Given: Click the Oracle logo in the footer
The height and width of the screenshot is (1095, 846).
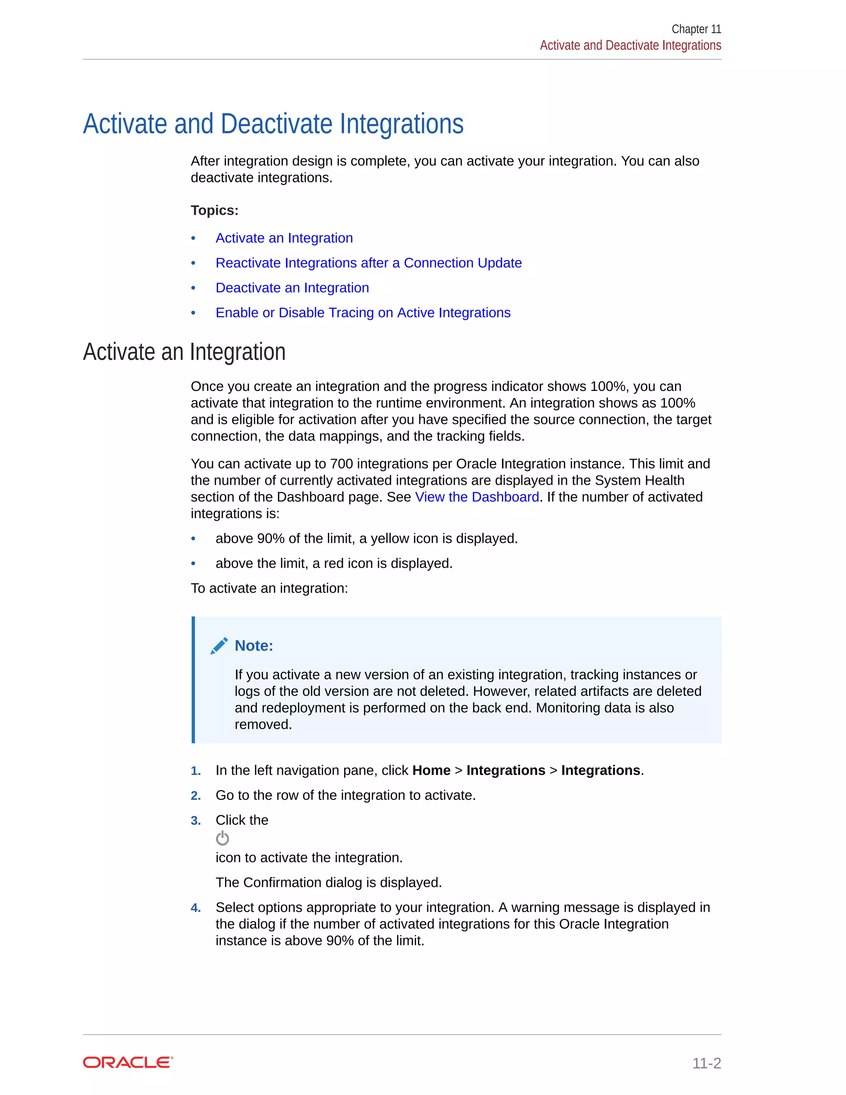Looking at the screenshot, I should click(128, 1062).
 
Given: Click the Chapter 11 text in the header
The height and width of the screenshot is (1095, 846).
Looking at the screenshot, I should click(696, 29).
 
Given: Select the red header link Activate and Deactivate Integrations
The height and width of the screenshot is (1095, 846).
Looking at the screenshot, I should click(630, 45).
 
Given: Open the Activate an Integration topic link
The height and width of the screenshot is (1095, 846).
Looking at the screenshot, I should click(284, 238).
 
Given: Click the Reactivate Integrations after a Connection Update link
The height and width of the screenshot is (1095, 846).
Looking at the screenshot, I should click(368, 263).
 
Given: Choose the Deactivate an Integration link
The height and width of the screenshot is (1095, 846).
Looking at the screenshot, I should click(292, 288).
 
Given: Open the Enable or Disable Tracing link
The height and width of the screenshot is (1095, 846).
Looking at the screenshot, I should click(363, 313).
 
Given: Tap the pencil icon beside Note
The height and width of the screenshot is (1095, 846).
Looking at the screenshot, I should click(219, 646).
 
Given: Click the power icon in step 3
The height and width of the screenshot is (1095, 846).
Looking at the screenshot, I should click(222, 838).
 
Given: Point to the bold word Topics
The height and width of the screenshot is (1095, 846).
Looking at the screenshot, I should click(214, 211).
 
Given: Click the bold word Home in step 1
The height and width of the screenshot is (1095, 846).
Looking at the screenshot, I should click(431, 771).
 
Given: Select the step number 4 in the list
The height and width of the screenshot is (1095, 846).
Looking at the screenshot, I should click(195, 908).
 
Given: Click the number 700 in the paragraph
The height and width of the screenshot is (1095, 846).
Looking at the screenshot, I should click(341, 464).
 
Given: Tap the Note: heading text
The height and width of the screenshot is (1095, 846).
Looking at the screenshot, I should click(254, 646).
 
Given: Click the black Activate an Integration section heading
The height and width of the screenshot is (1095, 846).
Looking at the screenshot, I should click(184, 352).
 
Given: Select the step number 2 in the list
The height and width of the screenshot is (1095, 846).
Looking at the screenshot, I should click(195, 796).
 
